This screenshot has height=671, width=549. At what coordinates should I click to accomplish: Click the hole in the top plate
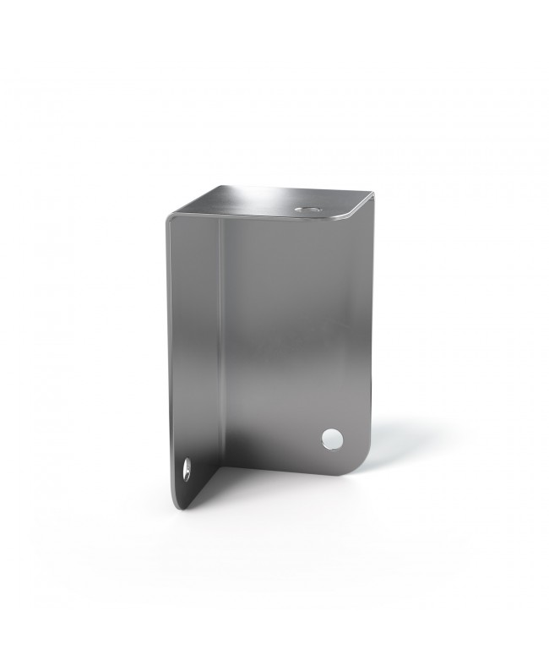point(305,208)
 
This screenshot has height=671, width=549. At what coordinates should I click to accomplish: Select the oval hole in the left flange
point(186,469)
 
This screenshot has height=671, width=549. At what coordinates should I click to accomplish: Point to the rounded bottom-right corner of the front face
point(361,463)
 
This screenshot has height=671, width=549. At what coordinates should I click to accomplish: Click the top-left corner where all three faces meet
point(169,218)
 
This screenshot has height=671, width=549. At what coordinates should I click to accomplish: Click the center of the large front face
point(296,338)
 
